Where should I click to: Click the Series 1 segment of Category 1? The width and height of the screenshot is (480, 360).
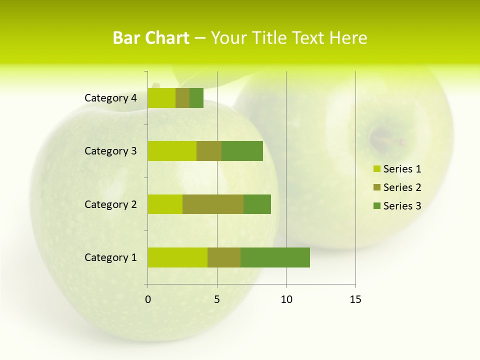[x=177, y=257]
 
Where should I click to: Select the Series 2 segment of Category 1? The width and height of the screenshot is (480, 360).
[x=224, y=257]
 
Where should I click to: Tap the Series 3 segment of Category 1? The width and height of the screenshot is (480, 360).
[x=275, y=257]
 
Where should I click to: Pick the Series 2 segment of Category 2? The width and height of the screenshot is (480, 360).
[x=213, y=204]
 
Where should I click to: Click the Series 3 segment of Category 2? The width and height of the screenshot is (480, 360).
[x=257, y=204]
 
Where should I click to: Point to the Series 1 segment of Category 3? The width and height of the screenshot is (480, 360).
[x=172, y=151]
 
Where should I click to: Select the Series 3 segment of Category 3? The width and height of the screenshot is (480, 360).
[x=242, y=151]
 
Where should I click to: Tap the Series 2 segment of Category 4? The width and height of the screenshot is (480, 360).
[x=182, y=98]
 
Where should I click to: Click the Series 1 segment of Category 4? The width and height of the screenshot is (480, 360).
[x=161, y=98]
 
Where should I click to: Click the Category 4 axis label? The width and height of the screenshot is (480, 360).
[x=110, y=98]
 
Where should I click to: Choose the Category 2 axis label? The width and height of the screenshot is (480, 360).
[x=110, y=204]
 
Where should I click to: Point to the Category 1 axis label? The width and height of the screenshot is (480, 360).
[x=110, y=257]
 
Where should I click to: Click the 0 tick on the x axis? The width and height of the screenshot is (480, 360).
[x=148, y=299]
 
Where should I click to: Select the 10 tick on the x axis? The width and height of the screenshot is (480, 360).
[x=286, y=299]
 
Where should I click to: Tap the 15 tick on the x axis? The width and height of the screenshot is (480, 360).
[x=355, y=299]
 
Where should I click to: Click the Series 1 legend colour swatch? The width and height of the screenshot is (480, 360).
[x=376, y=169]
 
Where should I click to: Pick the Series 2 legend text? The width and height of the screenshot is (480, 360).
[x=402, y=187]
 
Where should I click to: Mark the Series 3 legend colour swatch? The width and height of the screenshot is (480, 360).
[x=376, y=206]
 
